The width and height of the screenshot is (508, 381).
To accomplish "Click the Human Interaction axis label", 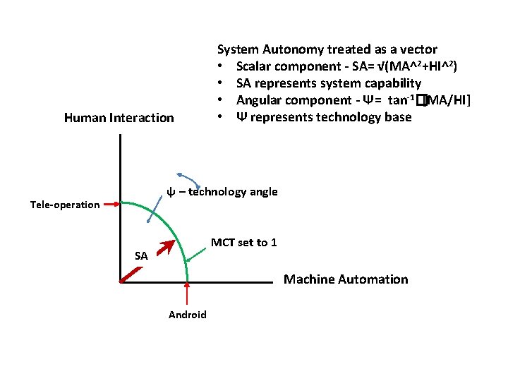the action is pos(119,118).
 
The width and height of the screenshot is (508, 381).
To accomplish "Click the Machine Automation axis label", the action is pos(346,279).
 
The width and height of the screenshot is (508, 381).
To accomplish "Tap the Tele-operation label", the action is pos(65,205).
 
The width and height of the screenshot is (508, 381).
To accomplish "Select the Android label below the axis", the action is pos(188,315).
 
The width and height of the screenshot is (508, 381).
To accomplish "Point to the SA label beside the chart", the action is pos(141,256).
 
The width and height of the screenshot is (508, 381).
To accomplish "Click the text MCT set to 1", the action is pos(244,243).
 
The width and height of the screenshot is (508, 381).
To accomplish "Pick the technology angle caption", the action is pos(222,192).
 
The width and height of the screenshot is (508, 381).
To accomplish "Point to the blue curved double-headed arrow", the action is pos(189,179).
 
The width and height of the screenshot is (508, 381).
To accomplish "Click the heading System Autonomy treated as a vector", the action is pos(327,49).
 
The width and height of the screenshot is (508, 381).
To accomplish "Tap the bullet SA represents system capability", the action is pos(328,83).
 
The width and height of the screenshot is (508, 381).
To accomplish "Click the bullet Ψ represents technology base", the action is pos(323,117).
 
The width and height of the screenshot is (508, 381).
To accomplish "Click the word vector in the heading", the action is pos(419,49).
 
